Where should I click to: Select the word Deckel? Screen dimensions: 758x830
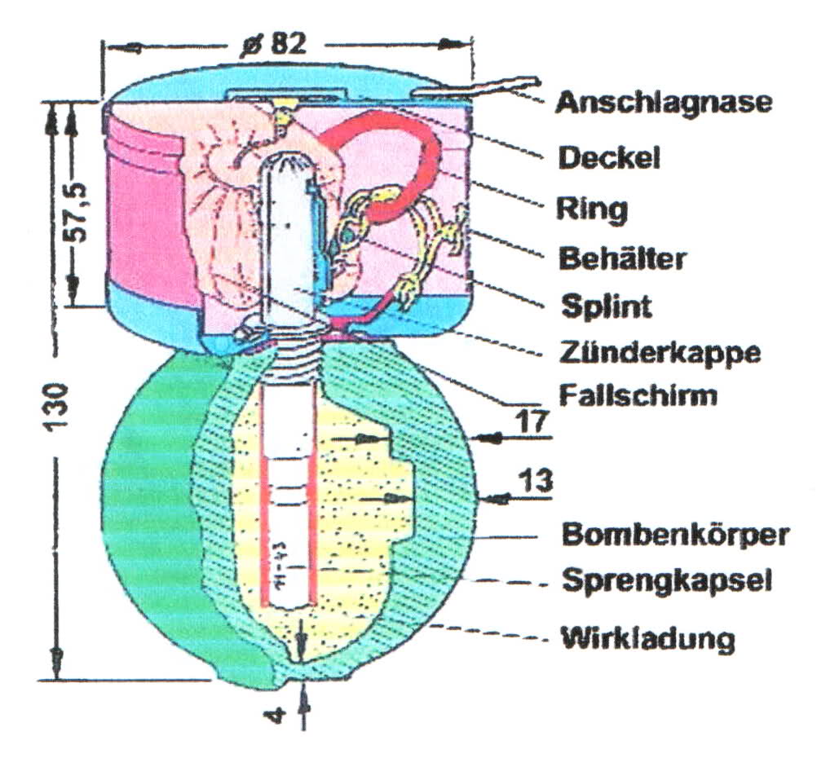point(607,157)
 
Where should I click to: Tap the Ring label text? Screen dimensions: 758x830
point(592,208)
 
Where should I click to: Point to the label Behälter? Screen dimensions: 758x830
point(623,258)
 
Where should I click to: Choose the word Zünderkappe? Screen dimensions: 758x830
point(660,353)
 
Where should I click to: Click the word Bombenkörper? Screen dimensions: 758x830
point(676,535)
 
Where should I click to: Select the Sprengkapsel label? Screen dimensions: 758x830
point(667,582)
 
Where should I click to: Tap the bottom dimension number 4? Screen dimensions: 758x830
point(278,717)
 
